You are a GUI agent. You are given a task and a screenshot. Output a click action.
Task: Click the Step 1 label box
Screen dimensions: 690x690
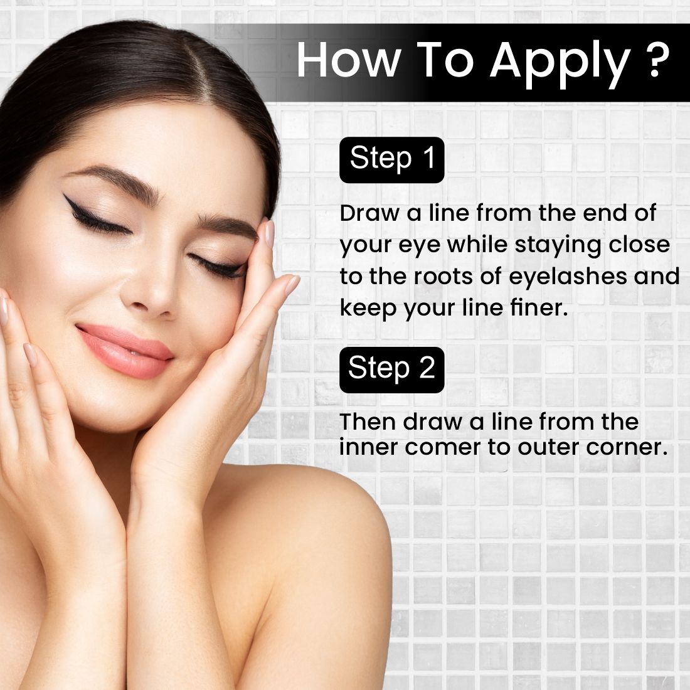pyautogui.click(x=391, y=160)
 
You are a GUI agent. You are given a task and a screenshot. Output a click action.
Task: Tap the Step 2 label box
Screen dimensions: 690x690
pyautogui.click(x=391, y=369)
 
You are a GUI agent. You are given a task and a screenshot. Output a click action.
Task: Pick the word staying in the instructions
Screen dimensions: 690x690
pyautogui.click(x=558, y=246)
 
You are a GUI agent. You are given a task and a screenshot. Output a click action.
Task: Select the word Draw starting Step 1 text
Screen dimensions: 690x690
pyautogui.click(x=369, y=213)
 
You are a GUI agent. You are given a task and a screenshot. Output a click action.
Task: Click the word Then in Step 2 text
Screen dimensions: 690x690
pyautogui.click(x=368, y=422)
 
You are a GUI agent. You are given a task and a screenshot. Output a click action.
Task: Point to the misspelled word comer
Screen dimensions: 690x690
pyautogui.click(x=442, y=448)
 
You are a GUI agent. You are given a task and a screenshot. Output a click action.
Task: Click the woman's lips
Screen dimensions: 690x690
pyautogui.click(x=125, y=350)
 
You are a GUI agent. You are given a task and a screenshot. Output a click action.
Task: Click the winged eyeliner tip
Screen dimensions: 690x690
pyautogui.click(x=65, y=195)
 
